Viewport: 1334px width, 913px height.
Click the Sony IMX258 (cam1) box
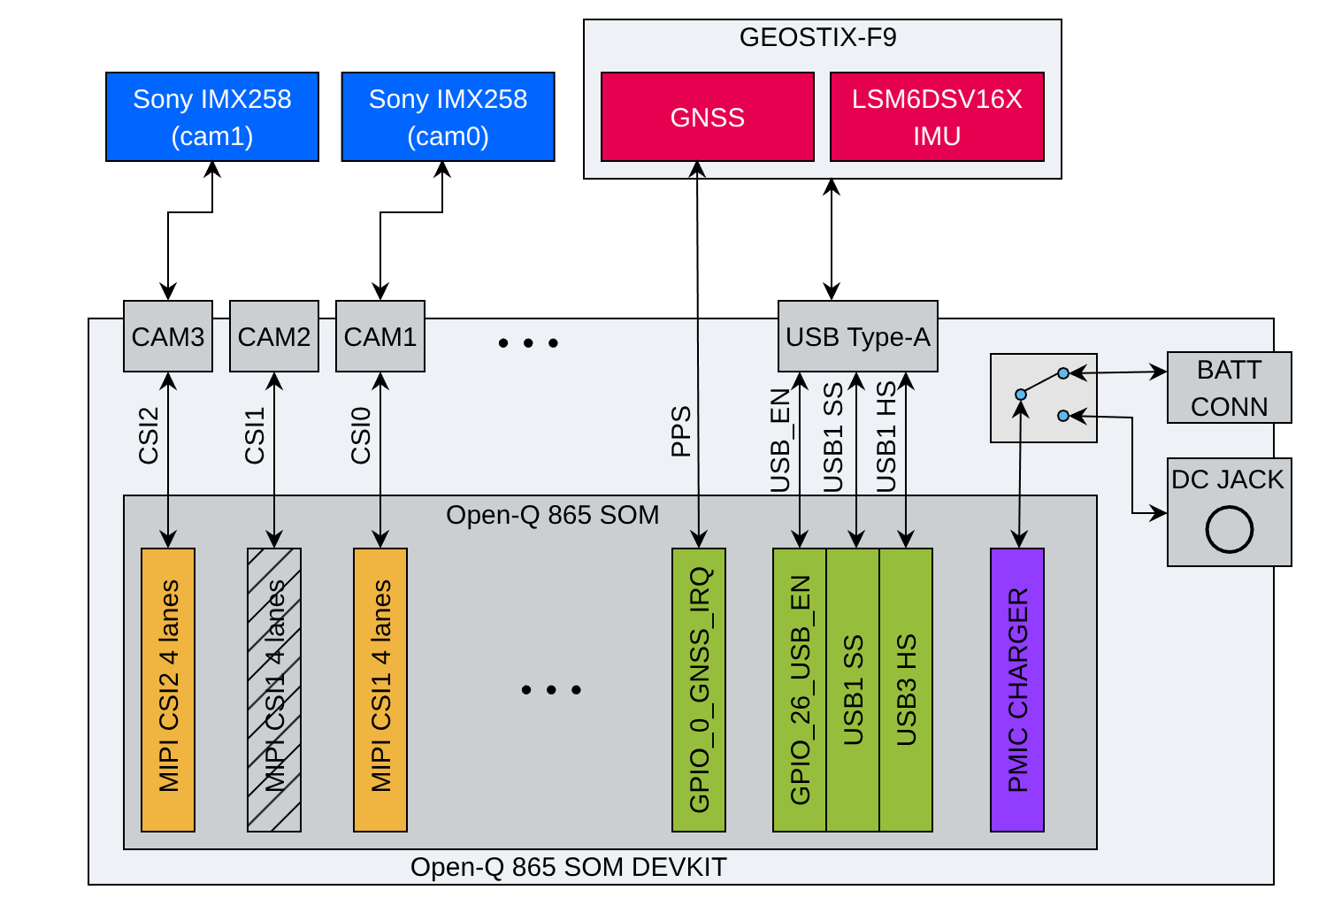[212, 117]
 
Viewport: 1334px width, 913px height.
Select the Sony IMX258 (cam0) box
[448, 117]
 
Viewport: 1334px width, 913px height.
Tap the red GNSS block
[707, 117]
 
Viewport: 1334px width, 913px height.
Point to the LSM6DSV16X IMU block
[937, 117]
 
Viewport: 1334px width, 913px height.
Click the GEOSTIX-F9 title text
[817, 38]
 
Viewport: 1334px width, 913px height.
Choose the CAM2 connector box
[274, 337]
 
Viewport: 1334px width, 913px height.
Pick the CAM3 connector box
[168, 337]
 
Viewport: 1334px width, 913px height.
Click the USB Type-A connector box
[857, 337]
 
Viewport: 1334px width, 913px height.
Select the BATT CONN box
[1229, 387]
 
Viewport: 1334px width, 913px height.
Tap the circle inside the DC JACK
[1229, 529]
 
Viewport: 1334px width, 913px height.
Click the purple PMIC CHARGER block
[1017, 690]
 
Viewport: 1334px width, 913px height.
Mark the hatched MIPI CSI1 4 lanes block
[274, 690]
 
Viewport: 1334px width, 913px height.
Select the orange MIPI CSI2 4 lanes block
[168, 690]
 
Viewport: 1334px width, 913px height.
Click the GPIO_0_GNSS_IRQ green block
[699, 690]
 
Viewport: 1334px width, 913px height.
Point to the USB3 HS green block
[906, 690]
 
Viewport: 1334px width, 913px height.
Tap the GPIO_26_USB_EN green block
[800, 690]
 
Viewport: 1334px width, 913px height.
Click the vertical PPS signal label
[680, 432]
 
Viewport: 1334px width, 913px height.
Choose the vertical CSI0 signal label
[361, 435]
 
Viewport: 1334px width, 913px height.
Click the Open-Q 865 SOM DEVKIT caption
[568, 867]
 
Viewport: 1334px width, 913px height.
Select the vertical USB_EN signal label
[779, 441]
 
